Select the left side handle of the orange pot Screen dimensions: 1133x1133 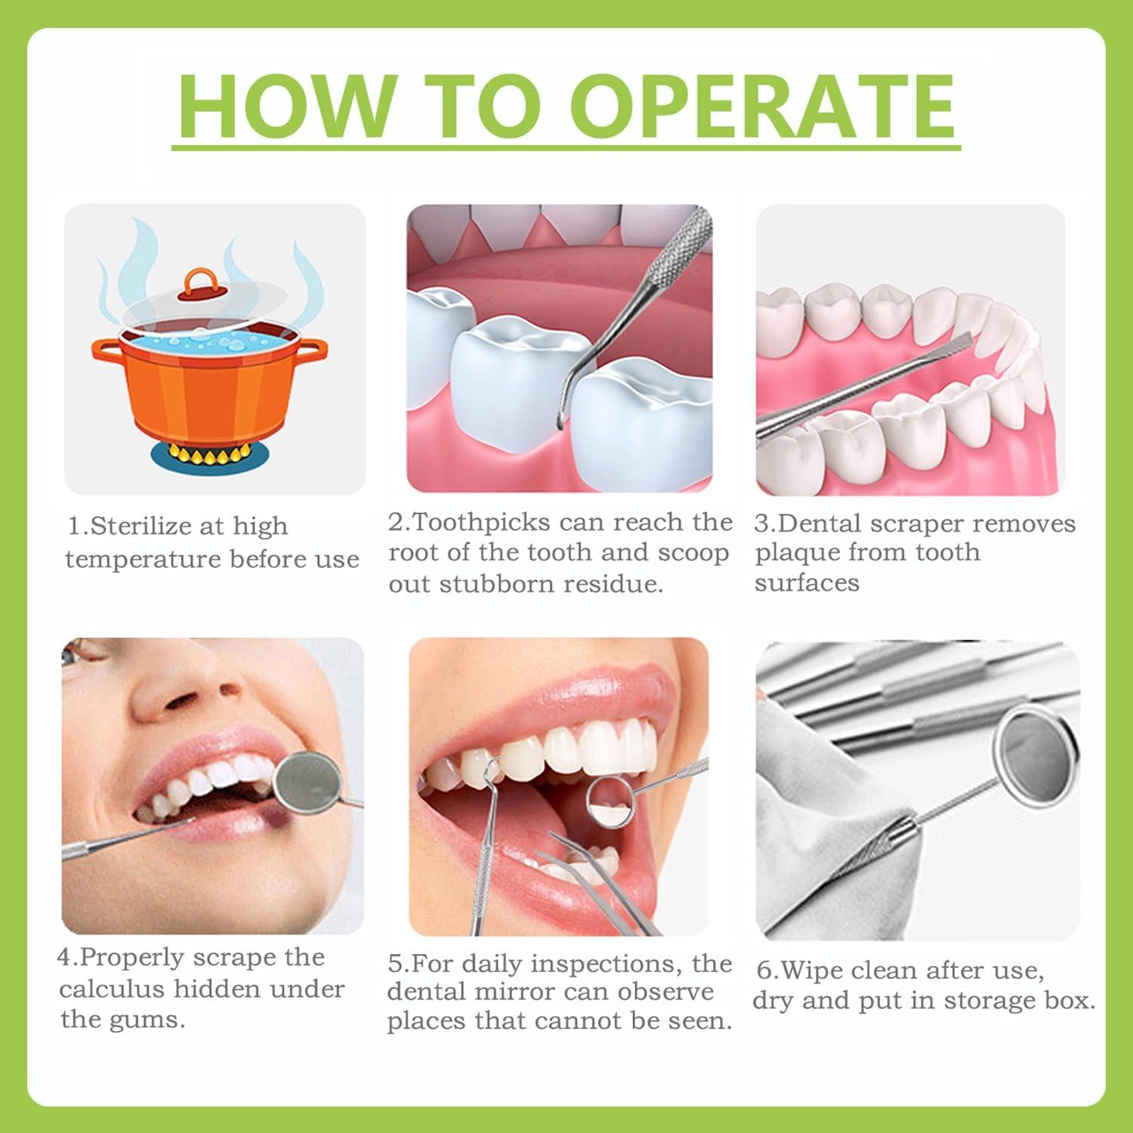(x=105, y=348)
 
